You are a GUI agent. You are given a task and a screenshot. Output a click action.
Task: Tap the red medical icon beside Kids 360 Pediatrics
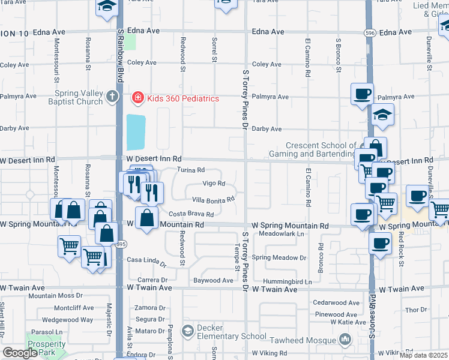[137, 98]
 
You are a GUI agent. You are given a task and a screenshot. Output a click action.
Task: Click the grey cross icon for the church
[112, 96]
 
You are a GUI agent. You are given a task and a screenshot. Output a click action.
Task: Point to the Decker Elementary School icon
[187, 331]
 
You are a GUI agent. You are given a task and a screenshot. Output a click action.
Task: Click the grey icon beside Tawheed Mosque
[345, 340]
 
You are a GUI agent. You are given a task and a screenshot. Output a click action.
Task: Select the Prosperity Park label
[47, 348]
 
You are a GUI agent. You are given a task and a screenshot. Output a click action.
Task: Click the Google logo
[20, 353]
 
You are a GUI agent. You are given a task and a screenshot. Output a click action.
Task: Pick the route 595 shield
[121, 244]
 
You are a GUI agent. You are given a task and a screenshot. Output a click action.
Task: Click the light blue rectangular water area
[136, 132]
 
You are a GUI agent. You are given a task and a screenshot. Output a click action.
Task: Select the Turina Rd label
[191, 170]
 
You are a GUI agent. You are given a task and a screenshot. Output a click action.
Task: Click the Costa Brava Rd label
[191, 214]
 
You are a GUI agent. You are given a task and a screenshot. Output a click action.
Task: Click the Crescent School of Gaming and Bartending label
[321, 149]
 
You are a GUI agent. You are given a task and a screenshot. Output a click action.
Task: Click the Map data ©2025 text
[424, 355]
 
